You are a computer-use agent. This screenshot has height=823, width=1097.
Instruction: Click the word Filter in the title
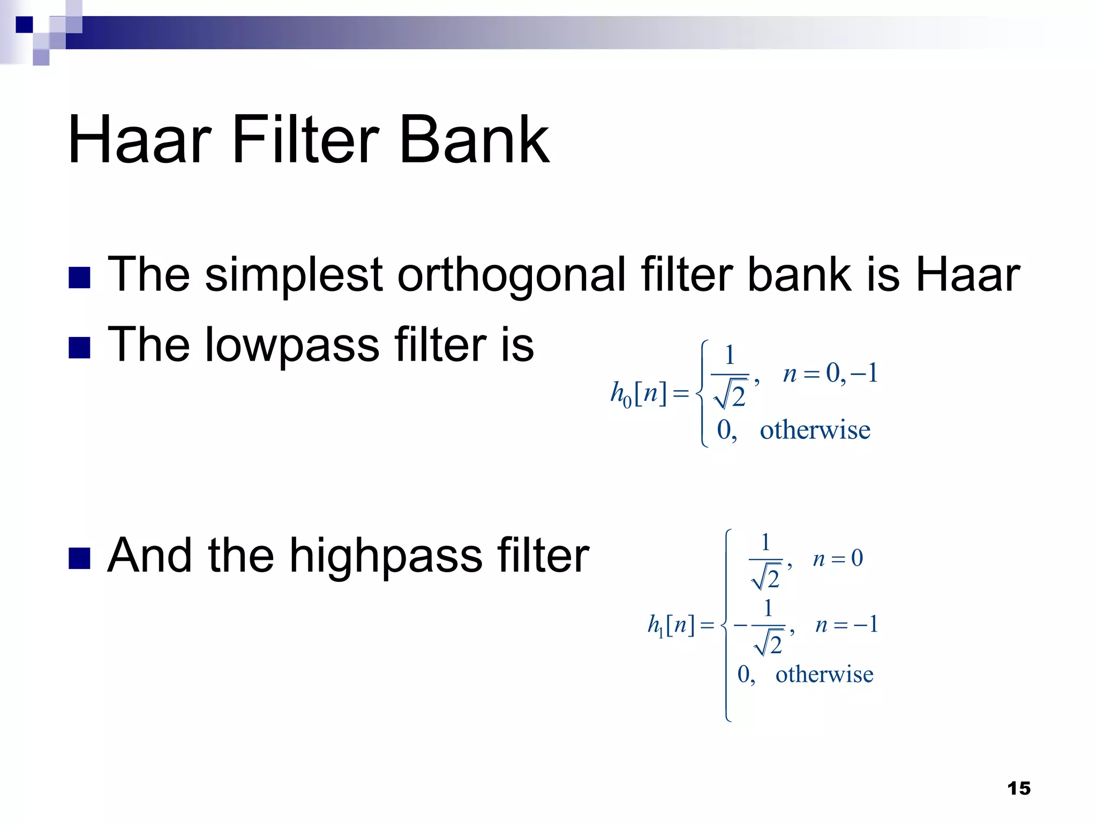305,140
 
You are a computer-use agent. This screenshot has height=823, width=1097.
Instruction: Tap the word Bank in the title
474,140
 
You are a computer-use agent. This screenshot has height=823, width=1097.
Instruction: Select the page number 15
1018,788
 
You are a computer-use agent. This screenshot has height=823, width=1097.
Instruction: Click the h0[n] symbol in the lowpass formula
638,394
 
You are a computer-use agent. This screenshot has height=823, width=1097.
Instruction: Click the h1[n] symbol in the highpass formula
671,625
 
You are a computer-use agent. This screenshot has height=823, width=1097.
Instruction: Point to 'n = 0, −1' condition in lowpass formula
830,373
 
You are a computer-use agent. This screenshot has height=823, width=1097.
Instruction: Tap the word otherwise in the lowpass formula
815,430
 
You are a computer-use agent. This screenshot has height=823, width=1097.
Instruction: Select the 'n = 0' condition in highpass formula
838,559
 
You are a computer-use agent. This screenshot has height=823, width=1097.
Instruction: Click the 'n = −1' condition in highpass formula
846,625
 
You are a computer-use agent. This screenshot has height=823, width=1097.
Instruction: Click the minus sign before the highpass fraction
740,625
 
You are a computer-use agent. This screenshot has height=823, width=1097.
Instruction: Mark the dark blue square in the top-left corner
24,25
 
